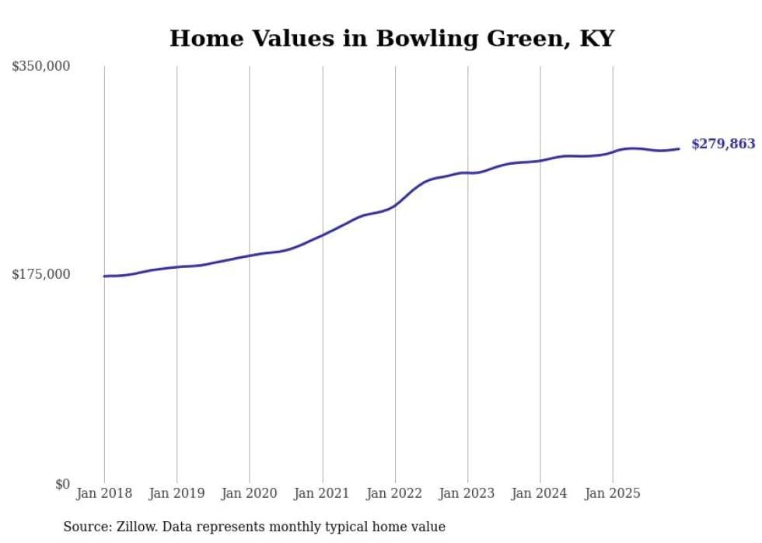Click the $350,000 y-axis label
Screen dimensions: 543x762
coord(41,67)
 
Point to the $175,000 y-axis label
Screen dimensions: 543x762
coord(41,274)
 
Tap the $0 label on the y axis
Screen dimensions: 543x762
coord(62,485)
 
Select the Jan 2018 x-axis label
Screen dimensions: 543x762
coord(104,494)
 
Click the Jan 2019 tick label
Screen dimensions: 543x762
coord(177,494)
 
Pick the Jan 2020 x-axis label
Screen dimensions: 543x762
coord(250,494)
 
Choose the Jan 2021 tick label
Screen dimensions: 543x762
coord(322,494)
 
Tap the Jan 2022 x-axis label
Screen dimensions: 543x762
coord(395,494)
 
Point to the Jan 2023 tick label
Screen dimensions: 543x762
coord(467,494)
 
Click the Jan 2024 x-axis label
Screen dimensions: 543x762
coord(540,494)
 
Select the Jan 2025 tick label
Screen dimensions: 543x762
coord(613,494)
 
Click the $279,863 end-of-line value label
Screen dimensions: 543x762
coord(723,144)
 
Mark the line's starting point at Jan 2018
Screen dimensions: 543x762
coord(104,276)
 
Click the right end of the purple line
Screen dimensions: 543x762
coord(679,148)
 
